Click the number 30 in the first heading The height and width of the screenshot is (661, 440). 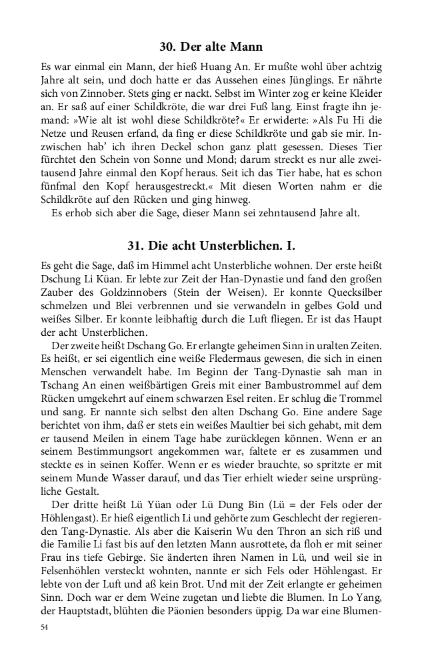[167, 47]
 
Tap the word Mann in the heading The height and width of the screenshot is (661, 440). [245, 47]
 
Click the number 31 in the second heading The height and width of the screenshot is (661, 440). [137, 244]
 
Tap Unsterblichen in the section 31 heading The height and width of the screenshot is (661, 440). [254, 244]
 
